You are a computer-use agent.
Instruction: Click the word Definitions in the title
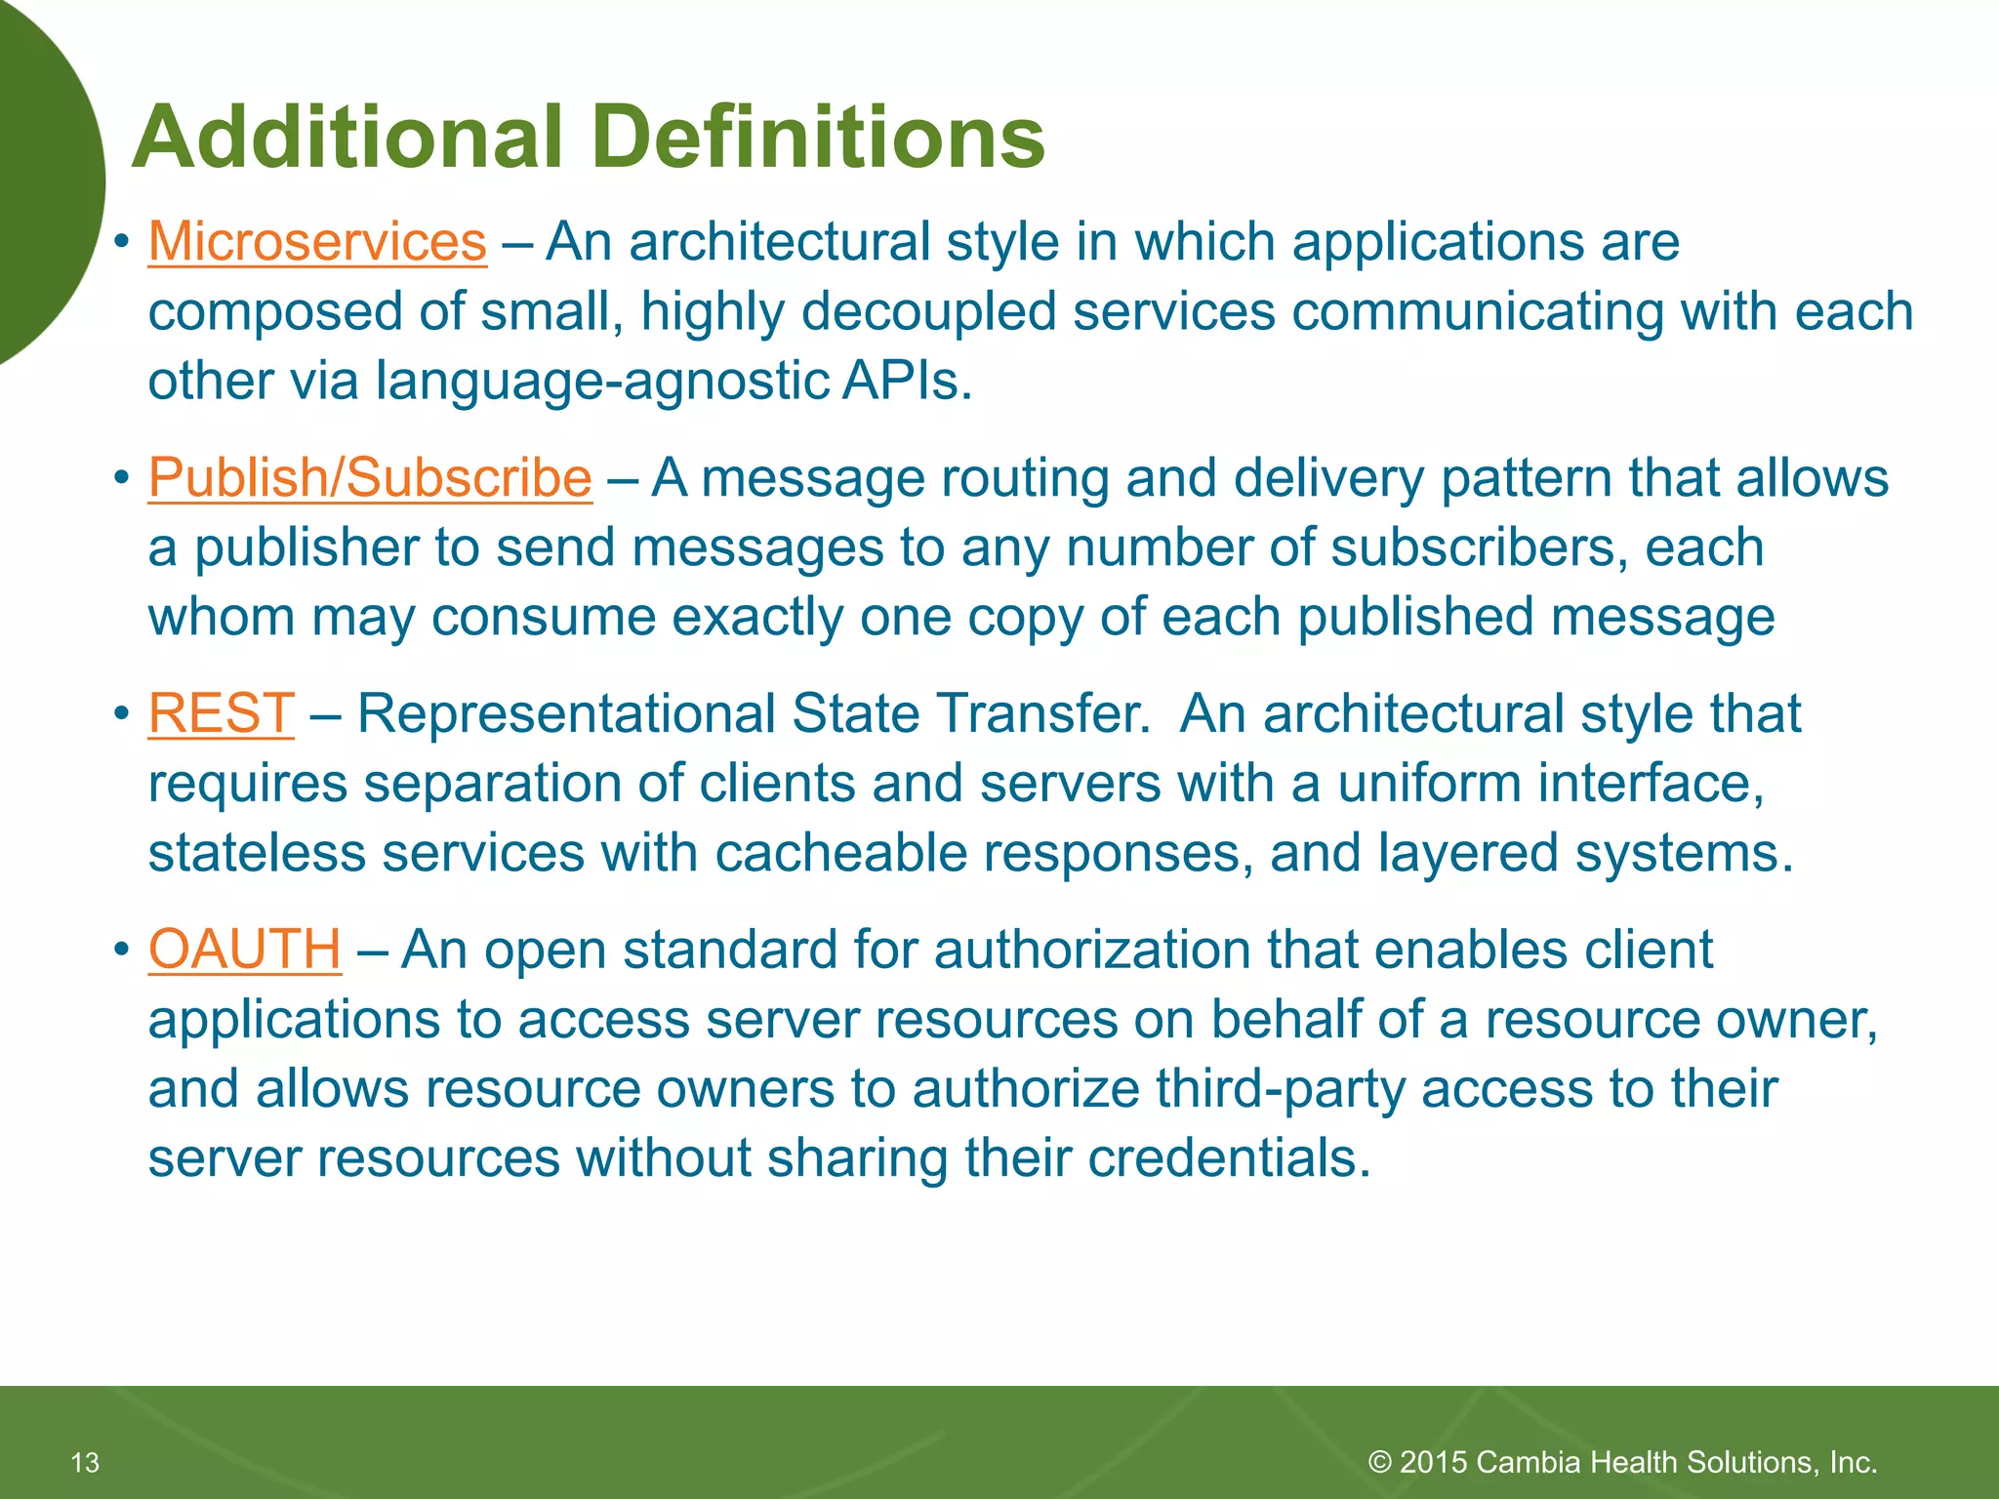click(x=818, y=137)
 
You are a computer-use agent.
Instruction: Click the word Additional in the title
click(x=347, y=137)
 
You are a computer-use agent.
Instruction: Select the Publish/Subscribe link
click(x=370, y=478)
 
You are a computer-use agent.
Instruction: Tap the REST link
click(x=221, y=713)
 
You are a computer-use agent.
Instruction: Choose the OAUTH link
click(x=244, y=950)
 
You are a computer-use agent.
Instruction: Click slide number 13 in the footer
click(x=86, y=1462)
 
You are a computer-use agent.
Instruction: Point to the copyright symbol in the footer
click(x=1379, y=1462)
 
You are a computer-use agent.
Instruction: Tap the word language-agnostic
click(x=602, y=382)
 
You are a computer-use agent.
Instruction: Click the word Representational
click(x=566, y=713)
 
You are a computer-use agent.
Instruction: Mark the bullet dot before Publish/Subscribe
click(x=121, y=478)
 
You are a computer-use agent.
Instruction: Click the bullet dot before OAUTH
click(x=121, y=950)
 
